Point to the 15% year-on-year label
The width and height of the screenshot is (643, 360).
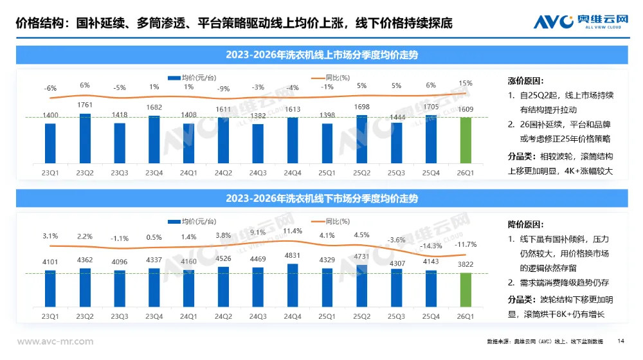point(466,83)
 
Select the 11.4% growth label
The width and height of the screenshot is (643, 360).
point(293,231)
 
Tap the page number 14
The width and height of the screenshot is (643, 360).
point(620,341)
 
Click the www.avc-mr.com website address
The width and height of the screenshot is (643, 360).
point(55,341)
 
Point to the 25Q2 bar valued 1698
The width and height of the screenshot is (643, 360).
point(362,138)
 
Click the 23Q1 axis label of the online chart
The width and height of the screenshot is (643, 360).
point(50,172)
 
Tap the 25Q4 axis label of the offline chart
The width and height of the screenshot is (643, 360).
point(431,317)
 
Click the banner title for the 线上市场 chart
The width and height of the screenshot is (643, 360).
point(321,55)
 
